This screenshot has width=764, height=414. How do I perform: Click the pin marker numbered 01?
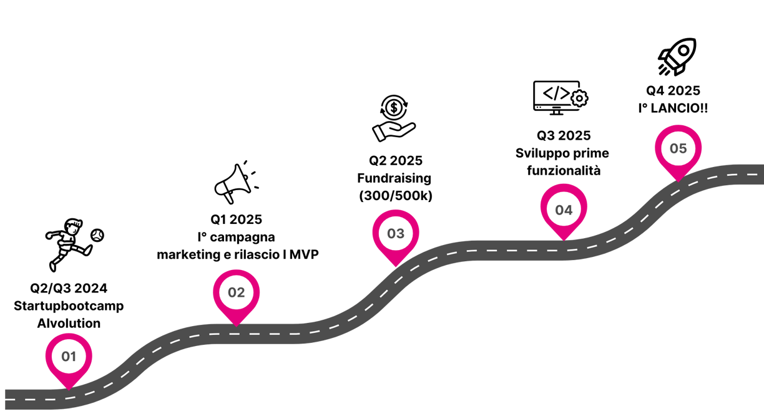[x=68, y=357]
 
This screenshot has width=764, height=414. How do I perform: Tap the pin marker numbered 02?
[x=236, y=292]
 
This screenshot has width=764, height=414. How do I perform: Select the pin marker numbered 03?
[x=396, y=234]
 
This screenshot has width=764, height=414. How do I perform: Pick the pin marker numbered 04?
[x=564, y=209]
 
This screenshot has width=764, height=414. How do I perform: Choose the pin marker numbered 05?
[x=678, y=149]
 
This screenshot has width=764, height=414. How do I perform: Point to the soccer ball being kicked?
[x=97, y=235]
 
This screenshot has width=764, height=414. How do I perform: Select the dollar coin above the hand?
[x=394, y=108]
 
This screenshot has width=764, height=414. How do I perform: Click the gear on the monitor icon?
[x=580, y=99]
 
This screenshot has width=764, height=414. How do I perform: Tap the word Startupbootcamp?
[x=69, y=306]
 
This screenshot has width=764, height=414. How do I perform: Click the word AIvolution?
[x=69, y=324]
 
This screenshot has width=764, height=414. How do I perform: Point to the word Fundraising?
[x=394, y=178]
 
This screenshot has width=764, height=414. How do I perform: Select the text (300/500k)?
[x=396, y=196]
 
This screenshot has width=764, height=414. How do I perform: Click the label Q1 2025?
[x=236, y=219]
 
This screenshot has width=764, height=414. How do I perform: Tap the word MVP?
[x=305, y=254]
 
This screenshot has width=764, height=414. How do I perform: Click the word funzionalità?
[x=564, y=170]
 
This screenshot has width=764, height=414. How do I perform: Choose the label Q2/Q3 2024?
[x=69, y=288]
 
